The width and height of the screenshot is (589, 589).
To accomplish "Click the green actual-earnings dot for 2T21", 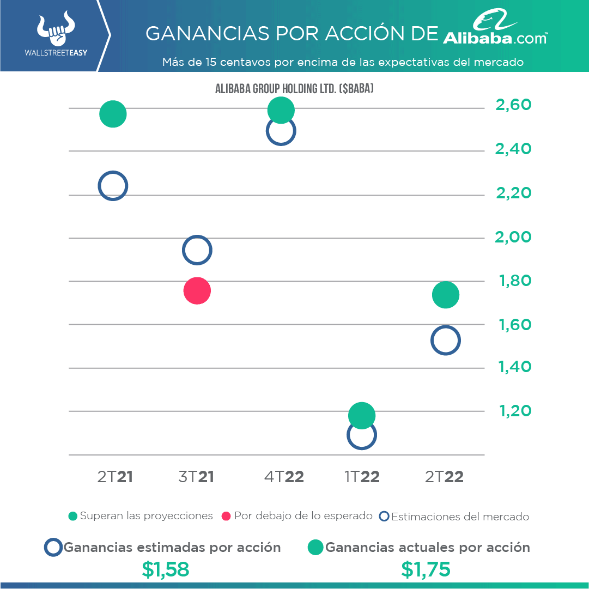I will click(x=113, y=114).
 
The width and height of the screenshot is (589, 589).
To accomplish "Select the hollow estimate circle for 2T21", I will click(x=113, y=186).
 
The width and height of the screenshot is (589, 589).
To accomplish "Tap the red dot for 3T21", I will click(x=197, y=290).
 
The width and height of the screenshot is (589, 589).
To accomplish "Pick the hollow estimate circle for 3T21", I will click(x=197, y=251).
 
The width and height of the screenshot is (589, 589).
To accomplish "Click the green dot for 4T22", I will click(x=281, y=110).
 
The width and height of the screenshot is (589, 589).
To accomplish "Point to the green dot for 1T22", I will click(x=362, y=416).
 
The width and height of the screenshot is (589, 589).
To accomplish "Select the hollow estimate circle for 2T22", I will click(x=446, y=341).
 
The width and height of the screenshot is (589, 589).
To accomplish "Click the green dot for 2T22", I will click(x=446, y=295).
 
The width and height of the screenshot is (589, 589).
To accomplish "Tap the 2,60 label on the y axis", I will click(x=513, y=105).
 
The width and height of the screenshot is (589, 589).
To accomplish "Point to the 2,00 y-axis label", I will click(x=513, y=237).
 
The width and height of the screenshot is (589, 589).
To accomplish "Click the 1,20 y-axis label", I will click(x=514, y=410).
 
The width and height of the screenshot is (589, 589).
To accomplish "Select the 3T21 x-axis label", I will click(x=196, y=477).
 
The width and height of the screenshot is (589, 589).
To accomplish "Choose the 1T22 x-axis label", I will click(x=362, y=477).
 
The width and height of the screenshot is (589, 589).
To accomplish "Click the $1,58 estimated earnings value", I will click(x=165, y=569).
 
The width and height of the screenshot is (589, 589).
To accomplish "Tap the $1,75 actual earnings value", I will click(x=426, y=569).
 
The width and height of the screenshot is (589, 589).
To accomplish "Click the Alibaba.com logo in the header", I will click(x=495, y=30).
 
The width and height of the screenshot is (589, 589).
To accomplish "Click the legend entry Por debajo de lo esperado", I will click(x=297, y=516).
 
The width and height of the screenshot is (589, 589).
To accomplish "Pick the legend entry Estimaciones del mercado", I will click(x=454, y=517).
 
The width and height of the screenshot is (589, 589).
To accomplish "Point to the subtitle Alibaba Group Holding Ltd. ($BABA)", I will click(x=294, y=89).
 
